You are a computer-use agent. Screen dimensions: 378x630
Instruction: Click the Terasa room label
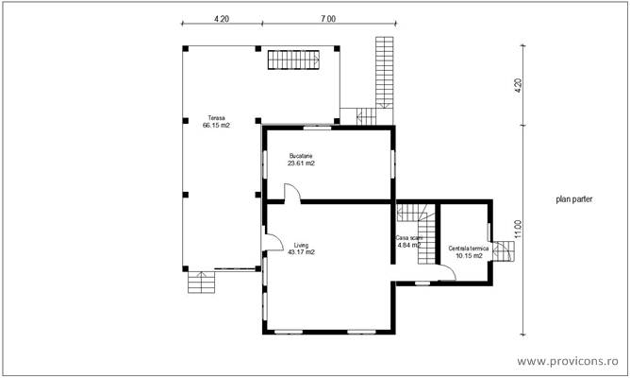click(216, 118)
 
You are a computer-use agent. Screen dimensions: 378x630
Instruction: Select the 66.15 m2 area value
click(216, 126)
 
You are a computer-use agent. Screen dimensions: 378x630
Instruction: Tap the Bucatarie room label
click(301, 156)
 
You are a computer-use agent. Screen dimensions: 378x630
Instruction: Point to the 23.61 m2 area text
click(301, 163)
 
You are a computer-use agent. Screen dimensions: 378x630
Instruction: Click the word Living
click(301, 244)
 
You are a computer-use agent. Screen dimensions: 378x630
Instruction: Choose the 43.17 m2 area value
click(301, 251)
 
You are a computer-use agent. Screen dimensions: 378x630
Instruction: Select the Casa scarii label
click(408, 238)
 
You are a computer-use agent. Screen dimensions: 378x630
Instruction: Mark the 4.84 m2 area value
click(407, 246)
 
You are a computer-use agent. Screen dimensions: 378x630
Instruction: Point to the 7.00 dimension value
click(326, 18)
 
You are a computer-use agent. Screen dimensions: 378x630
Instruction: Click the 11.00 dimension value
click(518, 230)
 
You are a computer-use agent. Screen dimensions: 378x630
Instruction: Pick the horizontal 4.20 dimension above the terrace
click(220, 18)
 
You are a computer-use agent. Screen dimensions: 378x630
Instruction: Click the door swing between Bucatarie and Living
click(293, 193)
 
